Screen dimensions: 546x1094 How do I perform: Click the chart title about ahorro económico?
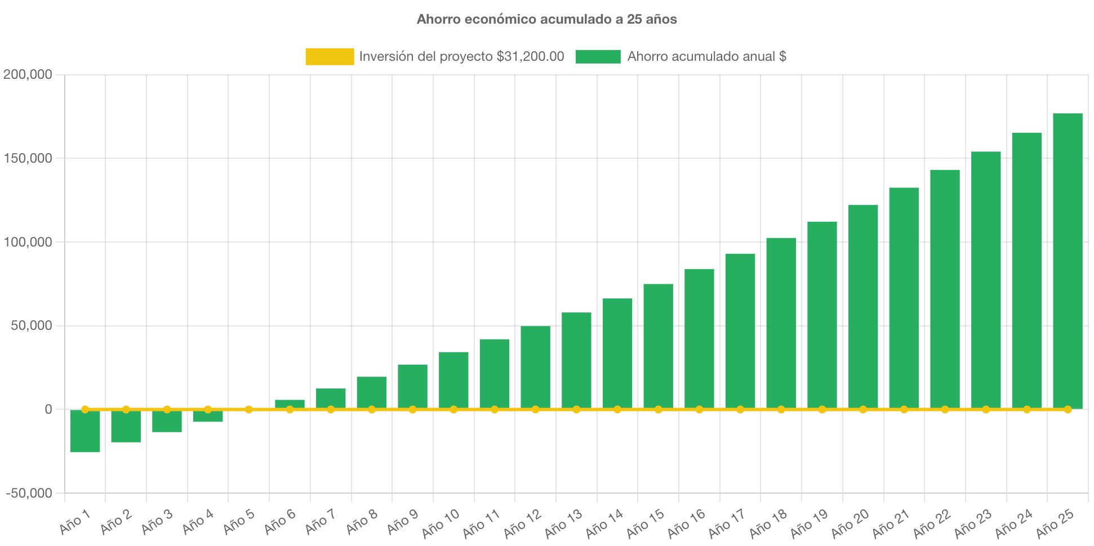point(546,19)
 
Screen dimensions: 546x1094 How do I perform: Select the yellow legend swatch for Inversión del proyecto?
point(330,56)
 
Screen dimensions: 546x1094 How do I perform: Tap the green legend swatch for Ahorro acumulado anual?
point(598,56)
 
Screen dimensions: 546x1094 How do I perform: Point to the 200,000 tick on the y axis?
point(28,74)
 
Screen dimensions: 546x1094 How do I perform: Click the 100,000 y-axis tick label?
point(28,242)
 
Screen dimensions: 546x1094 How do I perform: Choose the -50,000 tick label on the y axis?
point(29,493)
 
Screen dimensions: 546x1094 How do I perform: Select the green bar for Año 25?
point(1068,259)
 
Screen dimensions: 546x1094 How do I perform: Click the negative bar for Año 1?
point(85,431)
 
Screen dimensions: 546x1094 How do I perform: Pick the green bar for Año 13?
point(576,360)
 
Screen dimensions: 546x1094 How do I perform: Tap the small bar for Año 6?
point(290,404)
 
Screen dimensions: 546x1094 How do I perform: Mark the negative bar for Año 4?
point(208,416)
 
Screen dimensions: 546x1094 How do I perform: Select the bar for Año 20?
point(863,307)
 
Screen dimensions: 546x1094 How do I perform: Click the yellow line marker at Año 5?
point(248,409)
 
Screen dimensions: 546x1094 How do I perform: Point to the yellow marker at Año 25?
point(1068,409)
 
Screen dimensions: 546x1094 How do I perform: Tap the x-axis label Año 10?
point(441,523)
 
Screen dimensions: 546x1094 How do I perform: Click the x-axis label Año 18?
point(768,523)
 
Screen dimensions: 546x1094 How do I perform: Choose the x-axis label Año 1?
point(75,522)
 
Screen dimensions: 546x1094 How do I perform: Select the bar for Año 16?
point(699,338)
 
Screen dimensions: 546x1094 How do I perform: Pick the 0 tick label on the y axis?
point(48,409)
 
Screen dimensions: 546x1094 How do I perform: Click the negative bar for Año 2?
point(126,426)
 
